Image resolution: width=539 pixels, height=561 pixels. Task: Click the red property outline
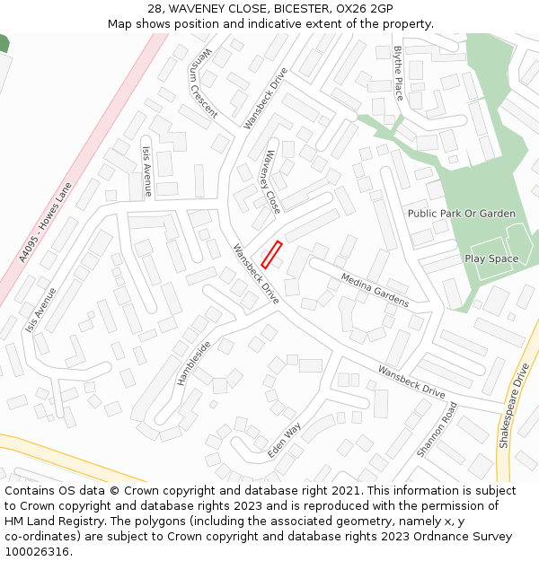271,254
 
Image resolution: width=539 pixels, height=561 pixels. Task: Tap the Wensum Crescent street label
204,83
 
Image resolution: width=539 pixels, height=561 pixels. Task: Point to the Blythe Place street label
399,73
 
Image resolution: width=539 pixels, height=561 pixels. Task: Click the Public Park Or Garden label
462,214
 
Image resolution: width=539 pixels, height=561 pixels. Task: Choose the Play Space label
491,259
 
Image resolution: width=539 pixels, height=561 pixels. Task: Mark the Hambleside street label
193,363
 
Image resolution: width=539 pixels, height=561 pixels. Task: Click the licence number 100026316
38,551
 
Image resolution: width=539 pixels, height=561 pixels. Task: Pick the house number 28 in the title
155,9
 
